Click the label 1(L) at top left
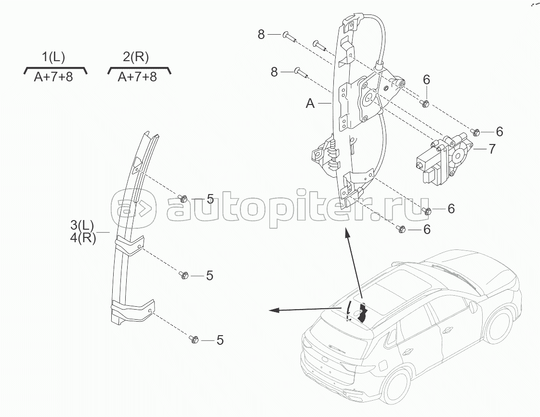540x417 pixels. point(53,57)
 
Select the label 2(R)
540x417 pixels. point(136,57)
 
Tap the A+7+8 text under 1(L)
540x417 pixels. point(53,77)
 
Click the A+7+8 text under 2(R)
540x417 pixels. point(137,77)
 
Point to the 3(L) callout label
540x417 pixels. point(82,225)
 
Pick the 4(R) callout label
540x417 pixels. point(83,237)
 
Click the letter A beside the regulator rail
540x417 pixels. point(310,103)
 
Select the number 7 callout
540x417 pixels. point(491,149)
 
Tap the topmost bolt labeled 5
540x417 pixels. point(183,197)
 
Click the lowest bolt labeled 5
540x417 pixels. point(194,339)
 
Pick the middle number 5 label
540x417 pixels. point(210,275)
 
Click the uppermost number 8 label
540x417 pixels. point(261,34)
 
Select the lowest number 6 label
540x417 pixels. point(426,230)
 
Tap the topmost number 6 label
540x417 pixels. point(426,80)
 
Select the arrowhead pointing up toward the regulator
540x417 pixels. point(346,234)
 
